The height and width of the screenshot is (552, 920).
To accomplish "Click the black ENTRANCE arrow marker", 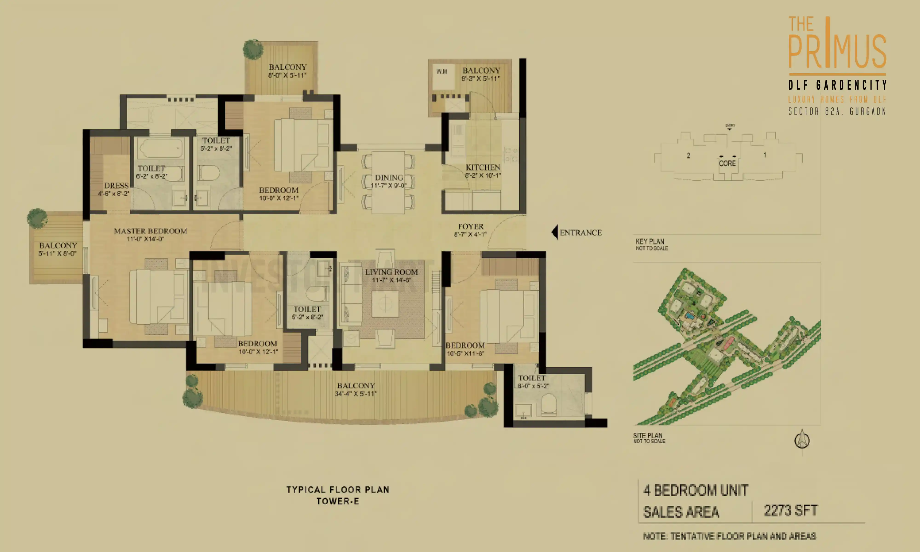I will pyautogui.click(x=555, y=232).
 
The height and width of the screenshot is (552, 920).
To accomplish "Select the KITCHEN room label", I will pyautogui.click(x=483, y=167).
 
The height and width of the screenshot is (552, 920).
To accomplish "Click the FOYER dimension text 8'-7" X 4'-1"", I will pyautogui.click(x=470, y=234).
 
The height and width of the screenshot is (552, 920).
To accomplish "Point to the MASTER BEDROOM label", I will pyautogui.click(x=150, y=231).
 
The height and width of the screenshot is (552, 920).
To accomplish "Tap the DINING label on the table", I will pyautogui.click(x=389, y=178).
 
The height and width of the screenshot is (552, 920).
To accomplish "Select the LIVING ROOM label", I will pyautogui.click(x=391, y=272).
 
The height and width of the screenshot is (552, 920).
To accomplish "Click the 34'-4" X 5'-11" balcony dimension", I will pyautogui.click(x=356, y=394).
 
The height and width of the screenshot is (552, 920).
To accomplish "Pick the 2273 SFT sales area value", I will pyautogui.click(x=791, y=510).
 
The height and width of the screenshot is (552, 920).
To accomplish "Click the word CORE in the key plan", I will pyautogui.click(x=727, y=163).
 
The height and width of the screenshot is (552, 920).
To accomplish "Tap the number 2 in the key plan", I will pyautogui.click(x=688, y=155).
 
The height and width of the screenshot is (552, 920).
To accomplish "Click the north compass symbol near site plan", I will pyautogui.click(x=802, y=440).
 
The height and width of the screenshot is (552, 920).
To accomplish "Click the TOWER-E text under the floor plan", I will pyautogui.click(x=338, y=501).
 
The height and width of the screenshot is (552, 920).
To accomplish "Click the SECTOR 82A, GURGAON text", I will pyautogui.click(x=837, y=111).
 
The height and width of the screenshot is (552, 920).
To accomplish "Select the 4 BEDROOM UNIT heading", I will pyautogui.click(x=695, y=490).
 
